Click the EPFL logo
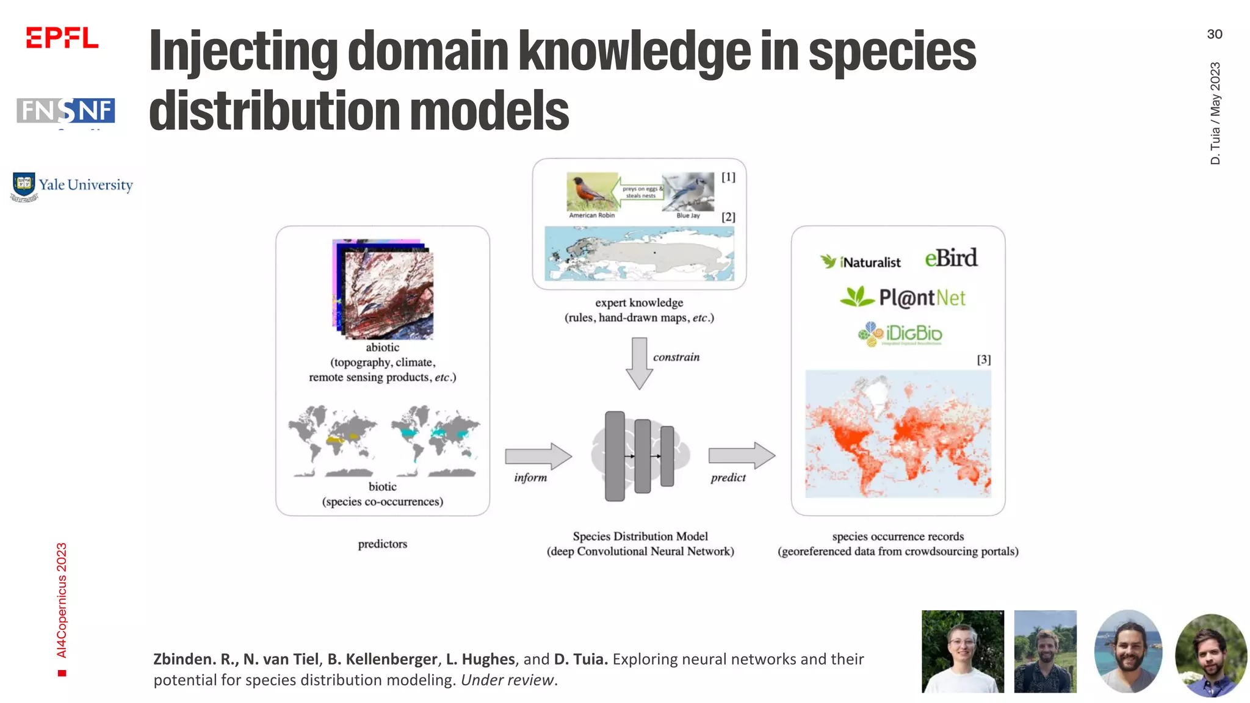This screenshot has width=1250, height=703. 62,38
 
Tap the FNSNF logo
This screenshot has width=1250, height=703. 66,111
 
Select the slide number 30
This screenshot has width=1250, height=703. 1214,34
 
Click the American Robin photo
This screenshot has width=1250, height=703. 591,192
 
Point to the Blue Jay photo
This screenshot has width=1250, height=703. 688,193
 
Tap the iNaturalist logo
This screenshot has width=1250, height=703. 861,262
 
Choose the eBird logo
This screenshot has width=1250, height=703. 950,258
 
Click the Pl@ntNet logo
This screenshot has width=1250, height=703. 903,297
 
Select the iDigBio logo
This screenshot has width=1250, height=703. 900,334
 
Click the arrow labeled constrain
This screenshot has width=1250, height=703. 639,362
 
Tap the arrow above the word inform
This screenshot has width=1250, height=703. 538,456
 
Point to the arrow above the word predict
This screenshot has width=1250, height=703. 741,455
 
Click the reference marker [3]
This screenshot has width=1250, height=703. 983,359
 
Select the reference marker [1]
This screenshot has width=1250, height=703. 728,177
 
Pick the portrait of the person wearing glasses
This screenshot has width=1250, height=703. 963,651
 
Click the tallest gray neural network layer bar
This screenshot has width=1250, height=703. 615,456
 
